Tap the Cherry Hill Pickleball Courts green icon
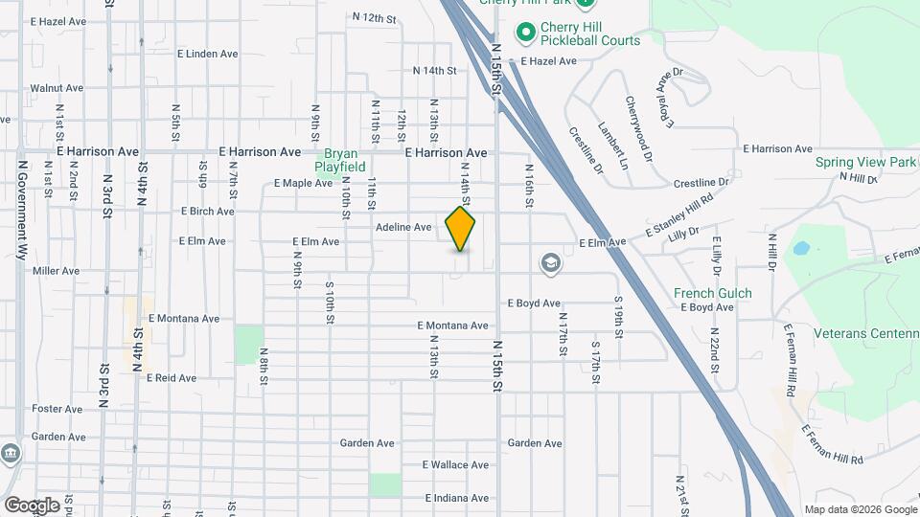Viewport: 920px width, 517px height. pyautogui.click(x=525, y=34)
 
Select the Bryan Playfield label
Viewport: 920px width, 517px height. pyautogui.click(x=345, y=160)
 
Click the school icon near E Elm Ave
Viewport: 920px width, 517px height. pyautogui.click(x=551, y=263)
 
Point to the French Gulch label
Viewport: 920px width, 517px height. pyautogui.click(x=712, y=293)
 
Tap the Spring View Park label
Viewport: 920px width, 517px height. pyautogui.click(x=865, y=162)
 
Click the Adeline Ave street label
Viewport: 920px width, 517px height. pyautogui.click(x=403, y=228)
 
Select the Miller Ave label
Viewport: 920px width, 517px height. pyautogui.click(x=56, y=271)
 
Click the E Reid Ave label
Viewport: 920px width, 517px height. pyautogui.click(x=172, y=378)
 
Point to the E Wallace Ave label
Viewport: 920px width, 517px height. pyautogui.click(x=455, y=465)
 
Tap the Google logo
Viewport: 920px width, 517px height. pyautogui.click(x=32, y=506)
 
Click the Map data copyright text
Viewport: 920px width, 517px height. pyautogui.click(x=860, y=509)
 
